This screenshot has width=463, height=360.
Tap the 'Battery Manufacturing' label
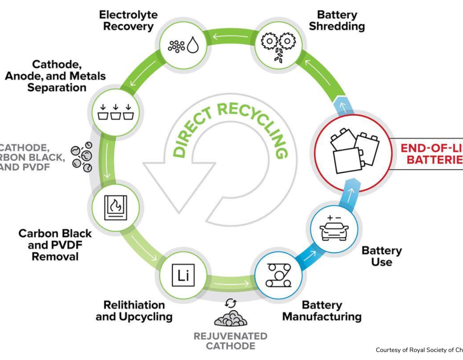click(322, 310)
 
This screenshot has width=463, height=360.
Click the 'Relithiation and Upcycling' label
click(134, 310)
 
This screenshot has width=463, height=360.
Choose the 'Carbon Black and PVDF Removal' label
click(48, 244)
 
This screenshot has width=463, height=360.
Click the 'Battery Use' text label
click(381, 256)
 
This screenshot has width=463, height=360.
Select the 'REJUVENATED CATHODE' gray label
click(230, 341)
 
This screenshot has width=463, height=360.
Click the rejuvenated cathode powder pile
click(230, 317)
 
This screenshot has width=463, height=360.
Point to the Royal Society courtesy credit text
click(419, 350)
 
